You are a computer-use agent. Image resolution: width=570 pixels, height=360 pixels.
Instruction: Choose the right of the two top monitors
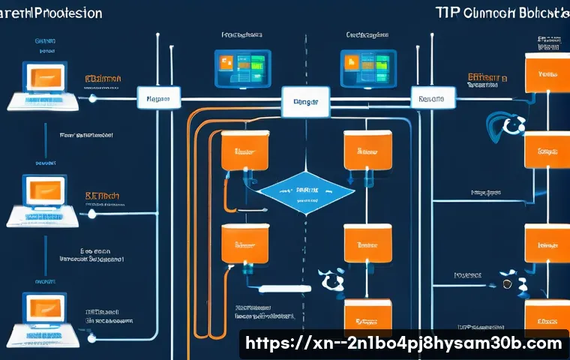(x=367, y=67)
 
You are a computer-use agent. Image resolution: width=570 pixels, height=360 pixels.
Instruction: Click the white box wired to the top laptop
(x=157, y=97)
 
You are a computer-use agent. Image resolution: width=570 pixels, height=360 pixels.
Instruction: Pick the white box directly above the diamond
(x=305, y=101)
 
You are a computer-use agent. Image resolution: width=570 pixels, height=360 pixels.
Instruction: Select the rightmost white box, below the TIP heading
(x=432, y=98)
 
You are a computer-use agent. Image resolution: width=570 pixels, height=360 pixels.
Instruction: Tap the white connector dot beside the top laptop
(x=91, y=97)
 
